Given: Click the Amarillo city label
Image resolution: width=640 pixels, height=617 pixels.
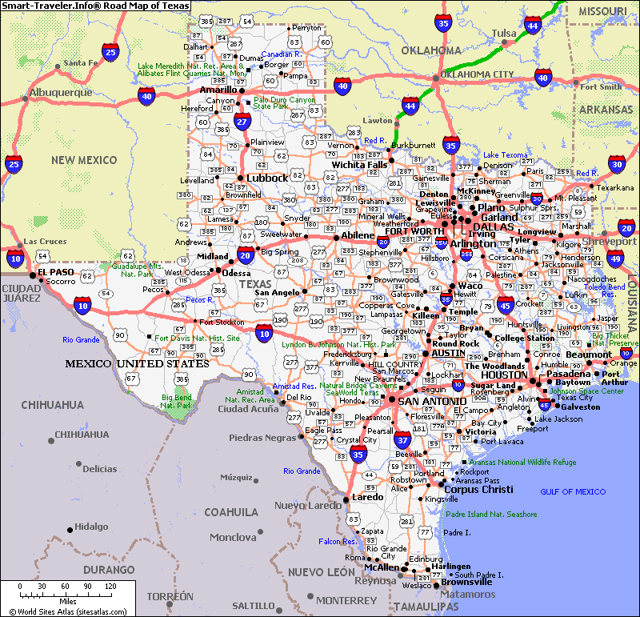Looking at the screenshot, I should click(x=218, y=90).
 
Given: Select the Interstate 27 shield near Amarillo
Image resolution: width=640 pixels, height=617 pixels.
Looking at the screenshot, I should click(x=243, y=121).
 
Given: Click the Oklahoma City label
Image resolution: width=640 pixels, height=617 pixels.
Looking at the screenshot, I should click(x=480, y=74).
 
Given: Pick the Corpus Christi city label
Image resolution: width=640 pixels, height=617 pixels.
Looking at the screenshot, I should click(x=478, y=490).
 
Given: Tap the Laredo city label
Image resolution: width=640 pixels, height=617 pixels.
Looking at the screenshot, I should click(x=367, y=497).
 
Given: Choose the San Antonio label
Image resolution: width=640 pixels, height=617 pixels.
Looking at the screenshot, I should click(x=432, y=401).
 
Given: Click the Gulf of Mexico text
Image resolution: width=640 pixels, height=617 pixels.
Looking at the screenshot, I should click(x=573, y=491).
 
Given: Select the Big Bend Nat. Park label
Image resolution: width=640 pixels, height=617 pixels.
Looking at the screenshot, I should click(x=178, y=401).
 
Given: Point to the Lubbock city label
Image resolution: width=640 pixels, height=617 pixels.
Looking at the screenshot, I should click(x=266, y=178).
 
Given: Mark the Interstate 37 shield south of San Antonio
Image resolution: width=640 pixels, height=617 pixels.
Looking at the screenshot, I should click(x=403, y=439).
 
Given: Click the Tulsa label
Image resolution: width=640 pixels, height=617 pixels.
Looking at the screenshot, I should click(x=504, y=33).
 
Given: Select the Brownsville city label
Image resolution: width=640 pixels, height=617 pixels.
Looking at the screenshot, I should click(x=466, y=582).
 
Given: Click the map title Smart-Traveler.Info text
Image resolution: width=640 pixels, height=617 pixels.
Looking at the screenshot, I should click(x=96, y=6).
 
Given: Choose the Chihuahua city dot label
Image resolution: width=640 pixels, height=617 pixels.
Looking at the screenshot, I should click(x=81, y=435).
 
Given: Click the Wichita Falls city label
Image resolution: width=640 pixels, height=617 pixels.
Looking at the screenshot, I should click(x=360, y=165).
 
